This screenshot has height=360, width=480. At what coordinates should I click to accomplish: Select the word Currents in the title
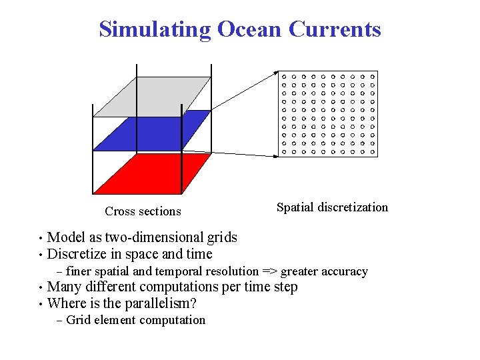point(335,29)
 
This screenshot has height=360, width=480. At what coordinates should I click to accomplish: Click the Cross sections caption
point(143,211)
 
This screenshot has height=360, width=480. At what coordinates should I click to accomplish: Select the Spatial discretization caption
point(332,207)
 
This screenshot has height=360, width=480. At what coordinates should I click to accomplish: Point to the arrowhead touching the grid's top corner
point(275,73)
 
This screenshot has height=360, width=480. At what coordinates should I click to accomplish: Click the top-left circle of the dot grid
point(284,77)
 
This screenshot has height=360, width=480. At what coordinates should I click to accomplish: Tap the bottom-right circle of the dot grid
point(373,151)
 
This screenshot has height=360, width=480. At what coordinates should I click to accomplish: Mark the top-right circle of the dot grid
point(373,77)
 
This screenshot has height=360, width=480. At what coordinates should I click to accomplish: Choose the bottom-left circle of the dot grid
point(284,151)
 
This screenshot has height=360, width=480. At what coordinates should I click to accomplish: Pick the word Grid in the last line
point(79,320)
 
